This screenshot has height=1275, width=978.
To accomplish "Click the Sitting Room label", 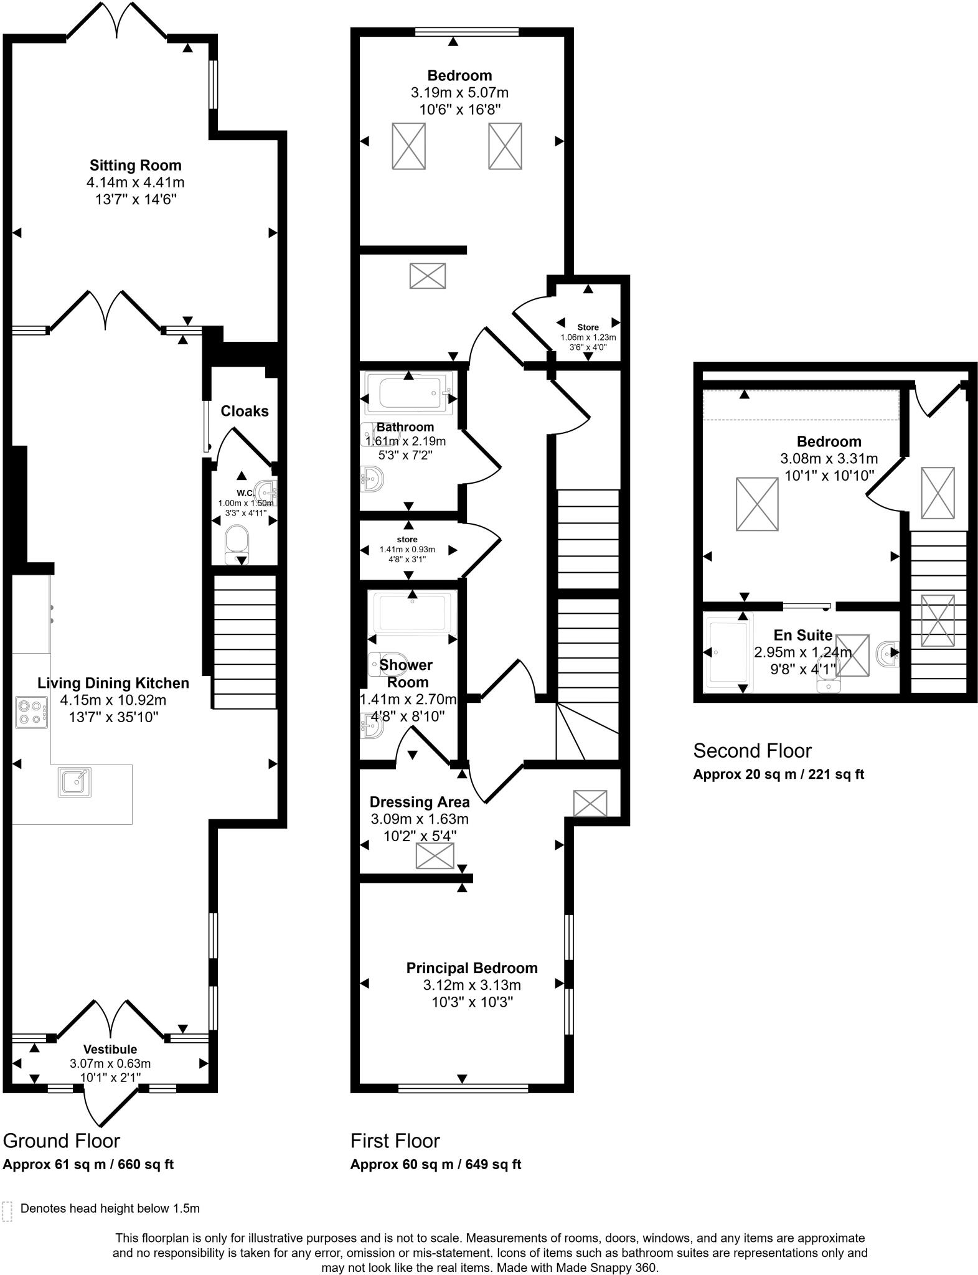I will [x=135, y=166].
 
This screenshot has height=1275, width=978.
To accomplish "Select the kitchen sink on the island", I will [x=75, y=782].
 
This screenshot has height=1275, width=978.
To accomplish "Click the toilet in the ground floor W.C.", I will [x=237, y=541].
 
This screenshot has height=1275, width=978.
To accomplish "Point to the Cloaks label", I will [x=245, y=412].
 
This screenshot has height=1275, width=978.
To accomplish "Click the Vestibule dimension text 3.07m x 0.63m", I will [x=110, y=1063].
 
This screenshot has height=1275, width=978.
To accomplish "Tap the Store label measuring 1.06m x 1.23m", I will [x=588, y=327].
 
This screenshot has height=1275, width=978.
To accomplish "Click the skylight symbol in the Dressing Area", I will [x=435, y=856].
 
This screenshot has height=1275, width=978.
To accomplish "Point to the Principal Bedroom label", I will [x=472, y=968].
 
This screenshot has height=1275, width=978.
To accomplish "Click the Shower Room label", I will [x=406, y=674].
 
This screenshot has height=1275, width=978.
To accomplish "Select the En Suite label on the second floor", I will [x=802, y=636].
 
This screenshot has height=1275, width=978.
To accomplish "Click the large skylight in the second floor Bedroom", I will [x=756, y=504].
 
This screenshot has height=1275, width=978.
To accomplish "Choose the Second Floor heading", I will [x=752, y=751].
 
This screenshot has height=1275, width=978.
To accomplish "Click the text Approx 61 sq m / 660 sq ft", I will [x=88, y=1164].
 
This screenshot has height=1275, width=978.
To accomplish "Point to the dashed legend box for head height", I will [x=7, y=1211].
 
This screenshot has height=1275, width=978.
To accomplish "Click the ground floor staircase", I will [x=244, y=641].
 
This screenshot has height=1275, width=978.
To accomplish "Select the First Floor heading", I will [x=395, y=1141].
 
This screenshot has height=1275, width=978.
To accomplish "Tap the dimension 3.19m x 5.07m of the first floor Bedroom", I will [x=459, y=93].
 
